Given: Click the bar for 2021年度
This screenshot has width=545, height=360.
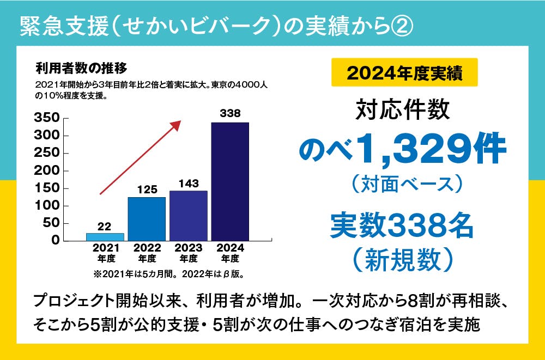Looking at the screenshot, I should tap(105, 237).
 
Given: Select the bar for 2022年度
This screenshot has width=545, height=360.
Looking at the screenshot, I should tap(147, 219).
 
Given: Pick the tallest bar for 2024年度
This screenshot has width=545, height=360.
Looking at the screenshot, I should tap(230, 181).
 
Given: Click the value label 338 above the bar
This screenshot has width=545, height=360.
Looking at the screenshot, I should tap(230, 113).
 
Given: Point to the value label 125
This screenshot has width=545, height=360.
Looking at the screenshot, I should tap(147, 190).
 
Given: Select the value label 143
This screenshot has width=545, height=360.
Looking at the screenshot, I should tap(189, 184).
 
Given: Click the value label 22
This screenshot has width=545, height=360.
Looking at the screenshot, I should tap(105, 226).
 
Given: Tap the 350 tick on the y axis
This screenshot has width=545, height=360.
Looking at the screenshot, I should tap(46, 118).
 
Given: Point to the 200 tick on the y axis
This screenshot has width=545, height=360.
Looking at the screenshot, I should tap(46, 170).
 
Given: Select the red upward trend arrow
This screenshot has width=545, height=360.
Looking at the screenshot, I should tap(140, 157).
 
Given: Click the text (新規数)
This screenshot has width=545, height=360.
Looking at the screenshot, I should tap(403, 259).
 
